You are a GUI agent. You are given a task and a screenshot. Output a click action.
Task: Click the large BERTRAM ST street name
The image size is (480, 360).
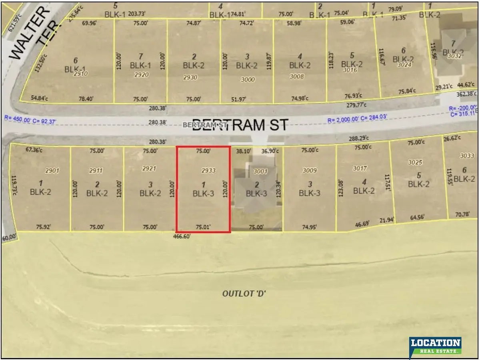click(240, 124)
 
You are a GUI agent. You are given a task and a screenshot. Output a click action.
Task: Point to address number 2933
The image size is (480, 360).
click(208, 170)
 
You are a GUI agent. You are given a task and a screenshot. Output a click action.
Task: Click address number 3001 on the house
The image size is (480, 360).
click(260, 171)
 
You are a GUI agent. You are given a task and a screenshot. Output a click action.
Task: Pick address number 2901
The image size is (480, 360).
click(52, 171)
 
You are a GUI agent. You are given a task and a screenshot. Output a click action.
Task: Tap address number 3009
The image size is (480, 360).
click(310, 171)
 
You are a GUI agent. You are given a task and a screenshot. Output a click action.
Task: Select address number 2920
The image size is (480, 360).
click(141, 75)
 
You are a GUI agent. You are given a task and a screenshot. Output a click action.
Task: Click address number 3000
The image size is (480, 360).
click(248, 80)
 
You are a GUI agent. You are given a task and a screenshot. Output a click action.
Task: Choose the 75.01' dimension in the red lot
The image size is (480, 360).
click(203, 227)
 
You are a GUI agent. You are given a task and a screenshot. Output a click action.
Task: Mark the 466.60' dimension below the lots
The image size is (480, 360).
click(182, 236)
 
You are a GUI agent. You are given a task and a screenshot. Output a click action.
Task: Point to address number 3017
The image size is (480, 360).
click(360, 168)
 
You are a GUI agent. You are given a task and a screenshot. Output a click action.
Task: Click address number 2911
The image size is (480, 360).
click(96, 171)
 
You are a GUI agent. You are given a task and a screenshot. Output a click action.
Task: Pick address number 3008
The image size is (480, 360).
click(296, 76)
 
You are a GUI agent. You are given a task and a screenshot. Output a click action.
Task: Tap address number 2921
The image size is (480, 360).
click(149, 168)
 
